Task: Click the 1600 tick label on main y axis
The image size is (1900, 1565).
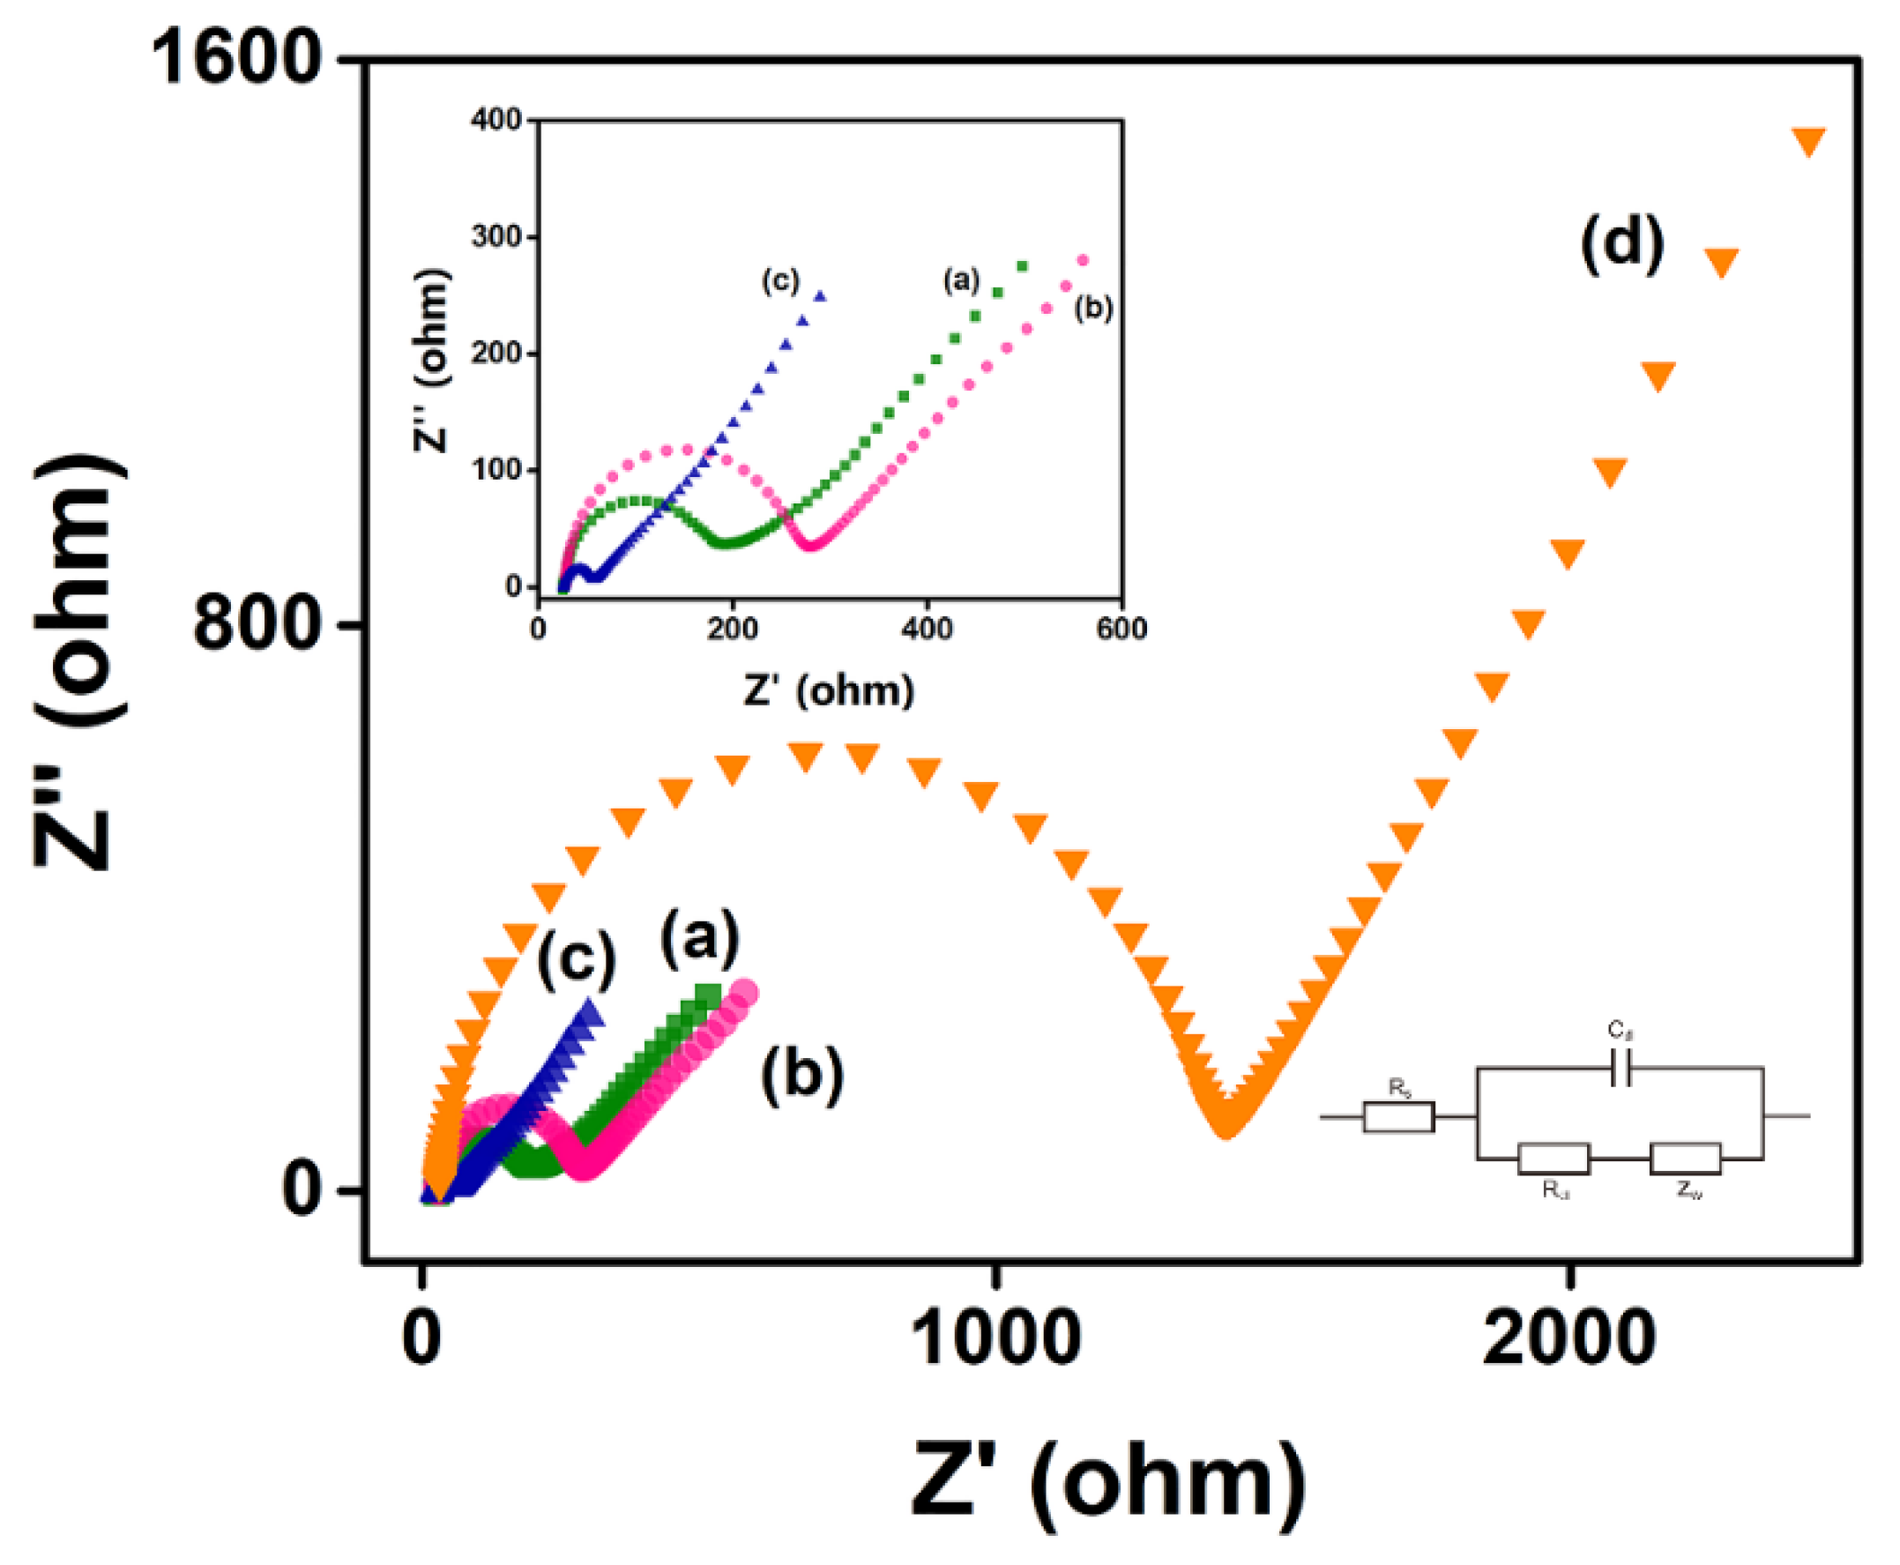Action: click(x=236, y=59)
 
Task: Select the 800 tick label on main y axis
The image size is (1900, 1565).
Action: click(x=257, y=624)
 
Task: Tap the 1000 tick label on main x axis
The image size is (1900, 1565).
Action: click(x=995, y=1338)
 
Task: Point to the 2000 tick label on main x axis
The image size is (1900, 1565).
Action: click(x=1568, y=1338)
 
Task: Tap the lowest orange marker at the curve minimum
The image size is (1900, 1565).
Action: click(x=1226, y=1123)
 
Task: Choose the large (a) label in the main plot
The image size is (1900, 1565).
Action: click(x=699, y=939)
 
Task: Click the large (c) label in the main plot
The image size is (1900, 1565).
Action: click(x=576, y=959)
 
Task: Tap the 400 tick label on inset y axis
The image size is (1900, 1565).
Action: click(x=495, y=120)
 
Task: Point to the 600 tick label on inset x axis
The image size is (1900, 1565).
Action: click(x=1121, y=629)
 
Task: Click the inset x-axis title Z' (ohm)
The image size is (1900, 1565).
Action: click(x=828, y=690)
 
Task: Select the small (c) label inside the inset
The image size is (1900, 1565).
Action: click(x=779, y=280)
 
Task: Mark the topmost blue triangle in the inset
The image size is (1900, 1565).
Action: click(x=819, y=294)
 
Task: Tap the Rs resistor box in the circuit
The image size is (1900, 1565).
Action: click(x=1398, y=1117)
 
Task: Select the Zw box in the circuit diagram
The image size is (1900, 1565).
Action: click(x=1685, y=1159)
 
